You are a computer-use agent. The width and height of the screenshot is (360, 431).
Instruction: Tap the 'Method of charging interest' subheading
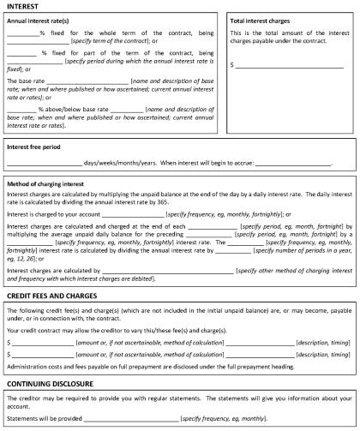pos(51,183)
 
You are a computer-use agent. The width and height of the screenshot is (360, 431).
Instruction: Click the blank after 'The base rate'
pos(86,79)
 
